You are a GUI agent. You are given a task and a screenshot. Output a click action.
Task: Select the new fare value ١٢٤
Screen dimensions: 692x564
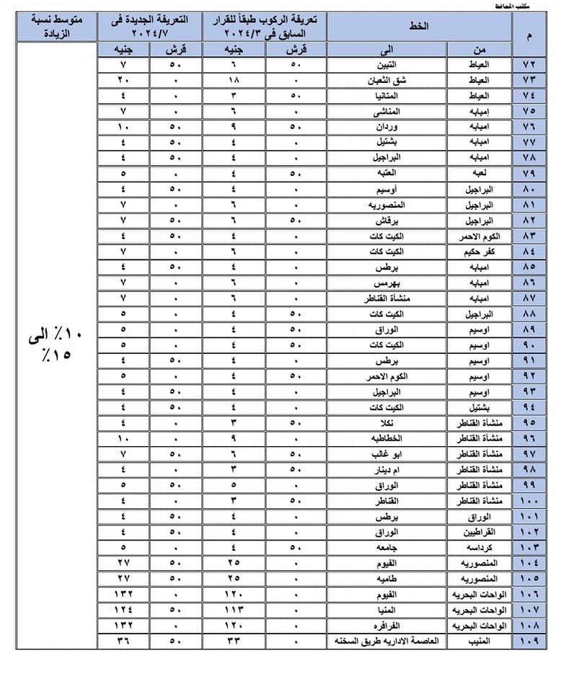(123, 609)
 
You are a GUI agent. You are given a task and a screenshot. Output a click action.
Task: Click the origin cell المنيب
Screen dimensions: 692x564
(479, 640)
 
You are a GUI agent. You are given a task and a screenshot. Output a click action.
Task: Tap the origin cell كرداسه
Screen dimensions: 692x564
(479, 546)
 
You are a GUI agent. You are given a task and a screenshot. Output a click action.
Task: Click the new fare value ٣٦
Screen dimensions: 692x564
(123, 640)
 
